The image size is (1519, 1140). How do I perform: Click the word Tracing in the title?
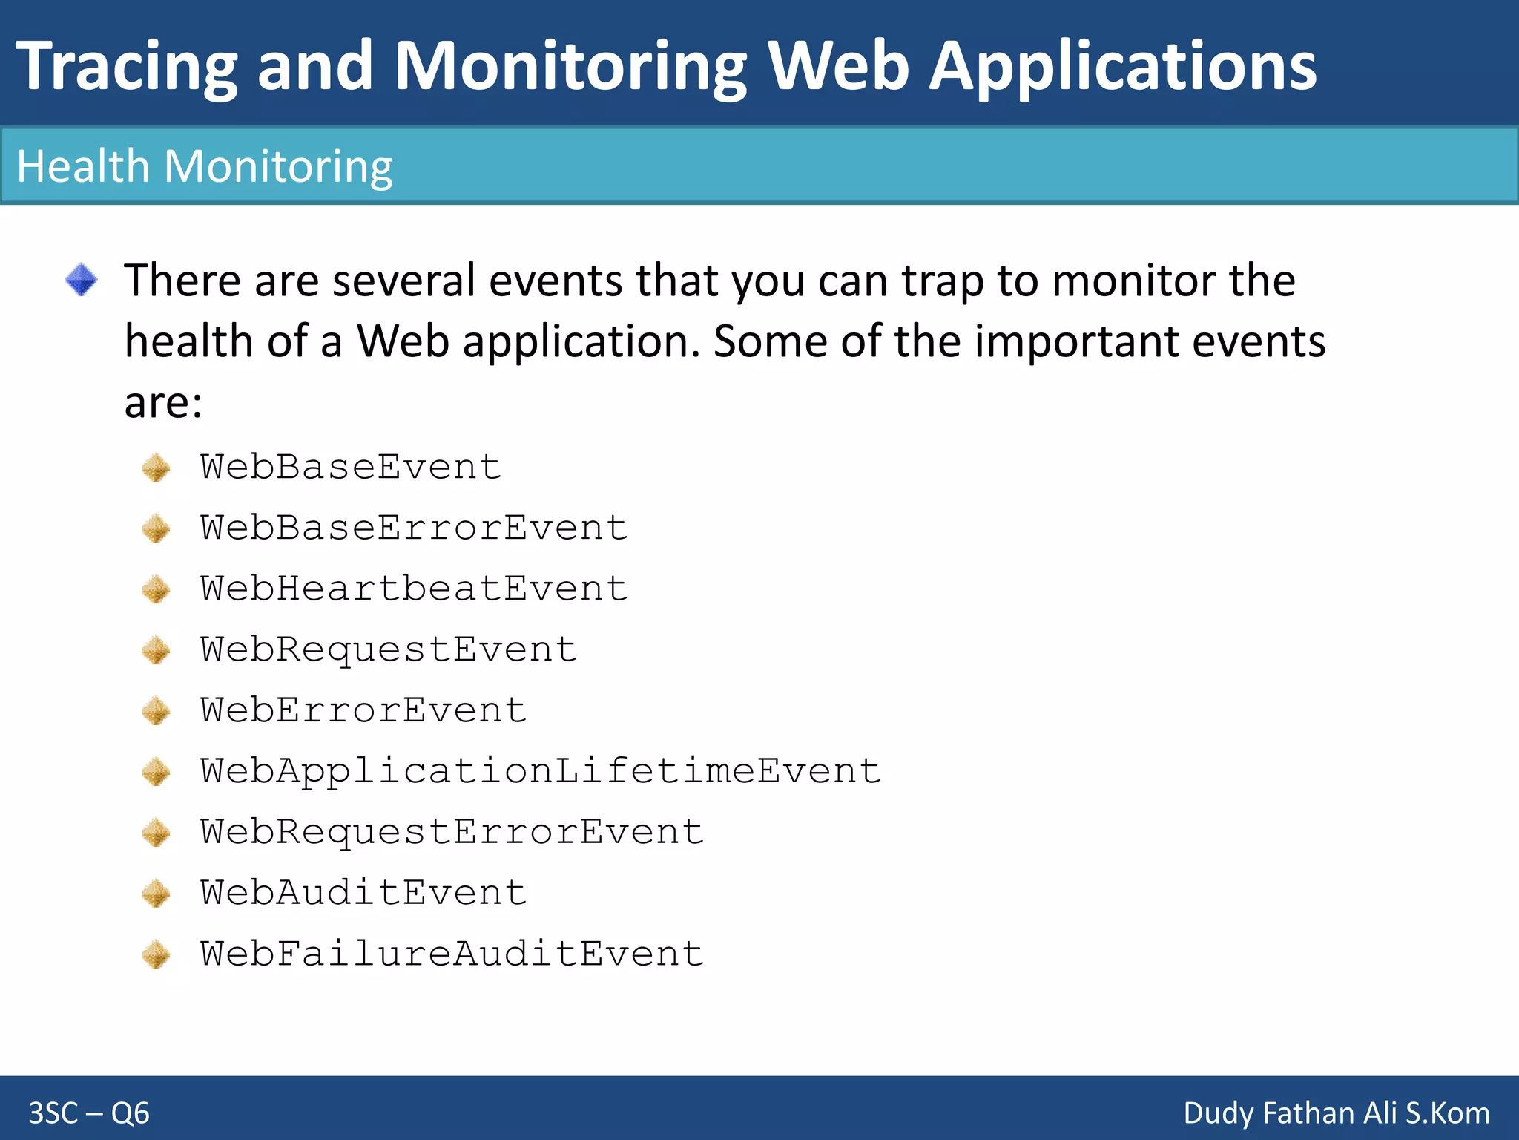pyautogui.click(x=126, y=67)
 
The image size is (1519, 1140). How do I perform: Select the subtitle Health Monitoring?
pyautogui.click(x=204, y=166)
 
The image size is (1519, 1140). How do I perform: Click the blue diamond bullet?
pyautogui.click(x=81, y=281)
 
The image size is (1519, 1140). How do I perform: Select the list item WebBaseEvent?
pyautogui.click(x=351, y=468)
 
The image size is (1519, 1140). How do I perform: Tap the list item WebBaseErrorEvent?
pyautogui.click(x=414, y=528)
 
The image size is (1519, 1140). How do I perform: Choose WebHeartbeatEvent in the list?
pyautogui.click(x=414, y=589)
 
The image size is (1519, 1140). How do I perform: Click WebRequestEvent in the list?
pyautogui.click(x=389, y=650)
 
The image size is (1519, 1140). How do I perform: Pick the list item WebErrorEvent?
pyautogui.click(x=363, y=711)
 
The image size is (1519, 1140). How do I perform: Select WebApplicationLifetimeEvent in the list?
pyautogui.click(x=540, y=771)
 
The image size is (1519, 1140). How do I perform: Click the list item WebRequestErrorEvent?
pyautogui.click(x=452, y=832)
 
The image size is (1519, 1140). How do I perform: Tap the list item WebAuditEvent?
pyautogui.click(x=363, y=893)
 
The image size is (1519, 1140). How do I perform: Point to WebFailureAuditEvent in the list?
pyautogui.click(x=452, y=954)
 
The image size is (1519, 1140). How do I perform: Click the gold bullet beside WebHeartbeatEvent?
pyautogui.click(x=156, y=590)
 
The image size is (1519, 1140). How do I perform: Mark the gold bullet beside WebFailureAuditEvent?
pyautogui.click(x=156, y=954)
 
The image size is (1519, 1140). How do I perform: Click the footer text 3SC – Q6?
pyautogui.click(x=89, y=1113)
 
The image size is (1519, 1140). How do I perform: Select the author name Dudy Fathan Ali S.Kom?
pyautogui.click(x=1336, y=1113)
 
